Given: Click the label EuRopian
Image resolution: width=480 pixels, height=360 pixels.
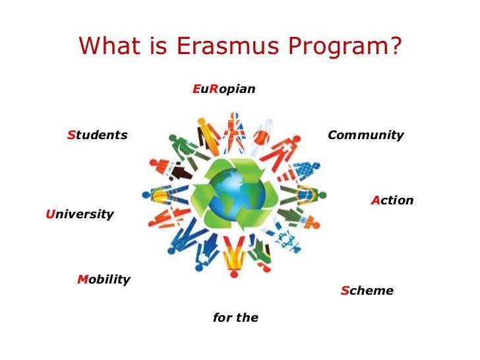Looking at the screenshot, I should [x=224, y=89].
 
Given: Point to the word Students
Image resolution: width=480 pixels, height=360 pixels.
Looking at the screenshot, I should [x=97, y=135].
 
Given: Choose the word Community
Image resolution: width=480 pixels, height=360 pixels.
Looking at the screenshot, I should [x=365, y=135].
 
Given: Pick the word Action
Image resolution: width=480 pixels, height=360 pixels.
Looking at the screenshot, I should [x=392, y=200].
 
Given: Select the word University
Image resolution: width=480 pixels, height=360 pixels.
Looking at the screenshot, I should [x=80, y=214].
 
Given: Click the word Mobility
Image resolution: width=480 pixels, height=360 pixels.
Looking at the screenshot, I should [x=104, y=280].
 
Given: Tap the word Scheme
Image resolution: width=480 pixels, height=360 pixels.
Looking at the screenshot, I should [x=367, y=291].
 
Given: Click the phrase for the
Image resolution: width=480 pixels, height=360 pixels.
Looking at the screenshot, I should [x=235, y=318].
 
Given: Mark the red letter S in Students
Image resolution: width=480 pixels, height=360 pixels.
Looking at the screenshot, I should [x=71, y=135].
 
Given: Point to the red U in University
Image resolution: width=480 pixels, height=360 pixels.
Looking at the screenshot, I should [x=49, y=214].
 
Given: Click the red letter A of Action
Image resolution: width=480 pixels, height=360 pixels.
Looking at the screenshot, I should [x=375, y=200].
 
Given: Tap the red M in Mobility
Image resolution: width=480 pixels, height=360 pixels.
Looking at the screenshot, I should [x=82, y=280].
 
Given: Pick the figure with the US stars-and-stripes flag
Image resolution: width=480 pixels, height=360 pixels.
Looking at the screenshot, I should [x=305, y=173].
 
